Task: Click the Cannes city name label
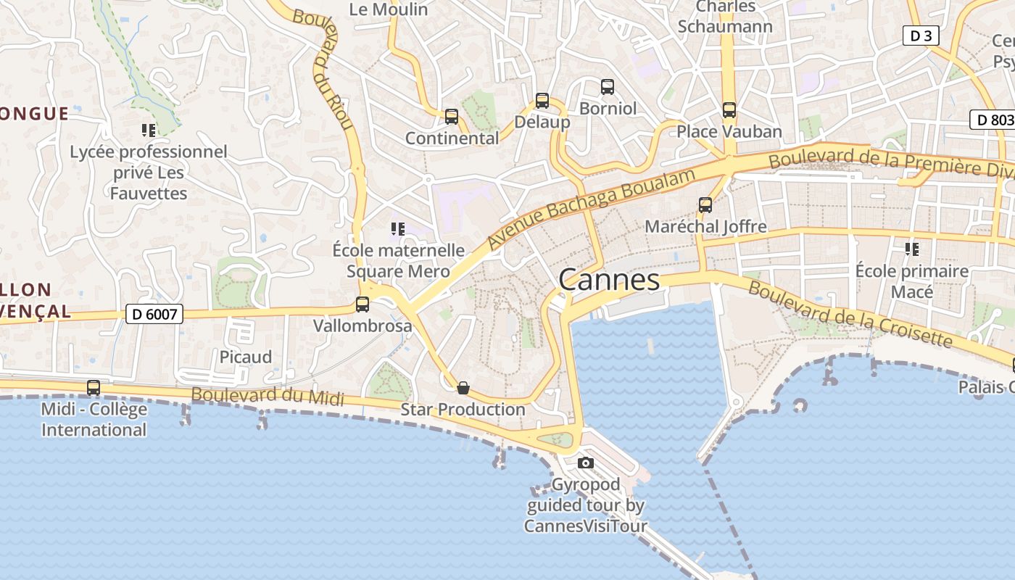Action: coord(609,281)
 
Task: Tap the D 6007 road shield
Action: coord(154,314)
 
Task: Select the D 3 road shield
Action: coord(921,36)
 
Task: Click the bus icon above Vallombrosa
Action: coord(362,304)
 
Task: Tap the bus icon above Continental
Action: coord(452,116)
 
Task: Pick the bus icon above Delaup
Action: coord(542,101)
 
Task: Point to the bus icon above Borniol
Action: coord(608,87)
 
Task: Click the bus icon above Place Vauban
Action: coord(729,110)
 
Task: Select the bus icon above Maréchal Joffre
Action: coord(705,205)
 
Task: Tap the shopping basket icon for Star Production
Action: coord(463,388)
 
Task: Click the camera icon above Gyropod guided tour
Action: coord(585,463)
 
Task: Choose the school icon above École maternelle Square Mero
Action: coord(397,229)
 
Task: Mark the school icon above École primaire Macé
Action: coord(911,249)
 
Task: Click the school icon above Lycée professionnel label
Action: coord(149,130)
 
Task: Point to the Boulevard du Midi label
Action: coord(268,396)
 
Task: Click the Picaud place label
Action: coord(246,357)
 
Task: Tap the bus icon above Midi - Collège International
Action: coord(94,388)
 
